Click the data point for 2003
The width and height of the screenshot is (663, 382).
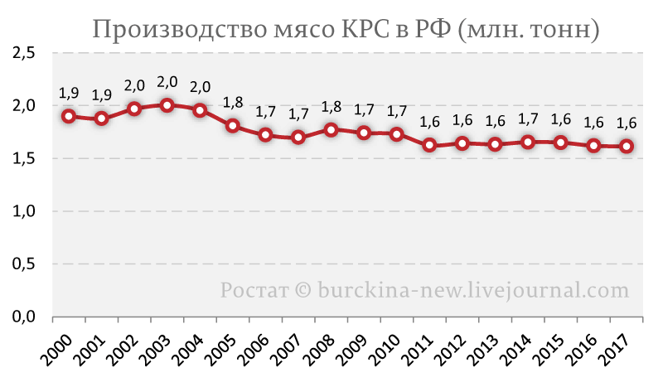(x=167, y=105)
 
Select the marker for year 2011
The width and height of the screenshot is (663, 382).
(x=429, y=145)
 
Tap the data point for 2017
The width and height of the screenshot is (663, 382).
(x=627, y=146)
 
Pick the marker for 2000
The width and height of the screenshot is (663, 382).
(x=69, y=116)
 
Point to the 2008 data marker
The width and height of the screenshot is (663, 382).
(x=331, y=129)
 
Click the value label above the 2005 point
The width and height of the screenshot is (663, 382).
(x=233, y=103)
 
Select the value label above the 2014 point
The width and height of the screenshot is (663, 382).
(x=528, y=119)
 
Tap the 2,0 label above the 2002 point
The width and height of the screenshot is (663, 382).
(x=134, y=86)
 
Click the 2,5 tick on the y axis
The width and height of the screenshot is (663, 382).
(x=24, y=53)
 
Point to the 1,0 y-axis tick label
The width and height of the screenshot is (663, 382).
(x=24, y=211)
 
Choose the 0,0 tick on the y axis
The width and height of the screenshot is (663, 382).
(x=24, y=317)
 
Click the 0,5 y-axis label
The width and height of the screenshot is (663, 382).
(x=24, y=264)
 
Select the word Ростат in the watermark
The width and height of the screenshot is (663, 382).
(x=254, y=291)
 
